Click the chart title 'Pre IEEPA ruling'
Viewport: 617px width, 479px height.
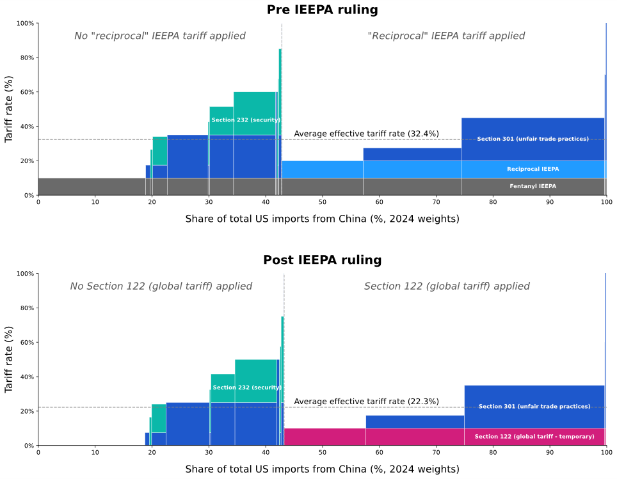pos(322,10)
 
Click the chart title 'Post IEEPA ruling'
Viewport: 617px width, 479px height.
pos(322,260)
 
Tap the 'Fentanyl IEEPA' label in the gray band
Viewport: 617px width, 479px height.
pos(533,186)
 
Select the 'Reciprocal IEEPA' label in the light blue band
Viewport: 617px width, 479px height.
pos(533,169)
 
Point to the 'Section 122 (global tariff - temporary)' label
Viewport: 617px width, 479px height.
pos(534,437)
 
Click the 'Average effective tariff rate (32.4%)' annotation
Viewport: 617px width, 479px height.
pos(366,134)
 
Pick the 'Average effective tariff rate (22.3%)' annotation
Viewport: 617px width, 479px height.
pos(366,402)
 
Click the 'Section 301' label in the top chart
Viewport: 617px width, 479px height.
pos(533,139)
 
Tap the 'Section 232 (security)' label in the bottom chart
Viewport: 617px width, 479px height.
pos(246,388)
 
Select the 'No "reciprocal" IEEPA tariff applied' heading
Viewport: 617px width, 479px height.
pos(160,36)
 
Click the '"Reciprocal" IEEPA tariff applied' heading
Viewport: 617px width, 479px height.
pos(446,36)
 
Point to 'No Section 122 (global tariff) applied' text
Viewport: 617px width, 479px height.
pos(161,287)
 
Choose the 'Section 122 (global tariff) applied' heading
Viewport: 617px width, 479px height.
pos(447,287)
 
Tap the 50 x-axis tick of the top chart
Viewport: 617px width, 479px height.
pos(322,203)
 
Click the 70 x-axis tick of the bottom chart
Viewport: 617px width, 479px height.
pos(436,453)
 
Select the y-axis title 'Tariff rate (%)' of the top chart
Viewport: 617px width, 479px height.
pos(9,109)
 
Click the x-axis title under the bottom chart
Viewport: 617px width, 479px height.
pos(322,469)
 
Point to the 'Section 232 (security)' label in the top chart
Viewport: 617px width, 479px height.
pos(246,120)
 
